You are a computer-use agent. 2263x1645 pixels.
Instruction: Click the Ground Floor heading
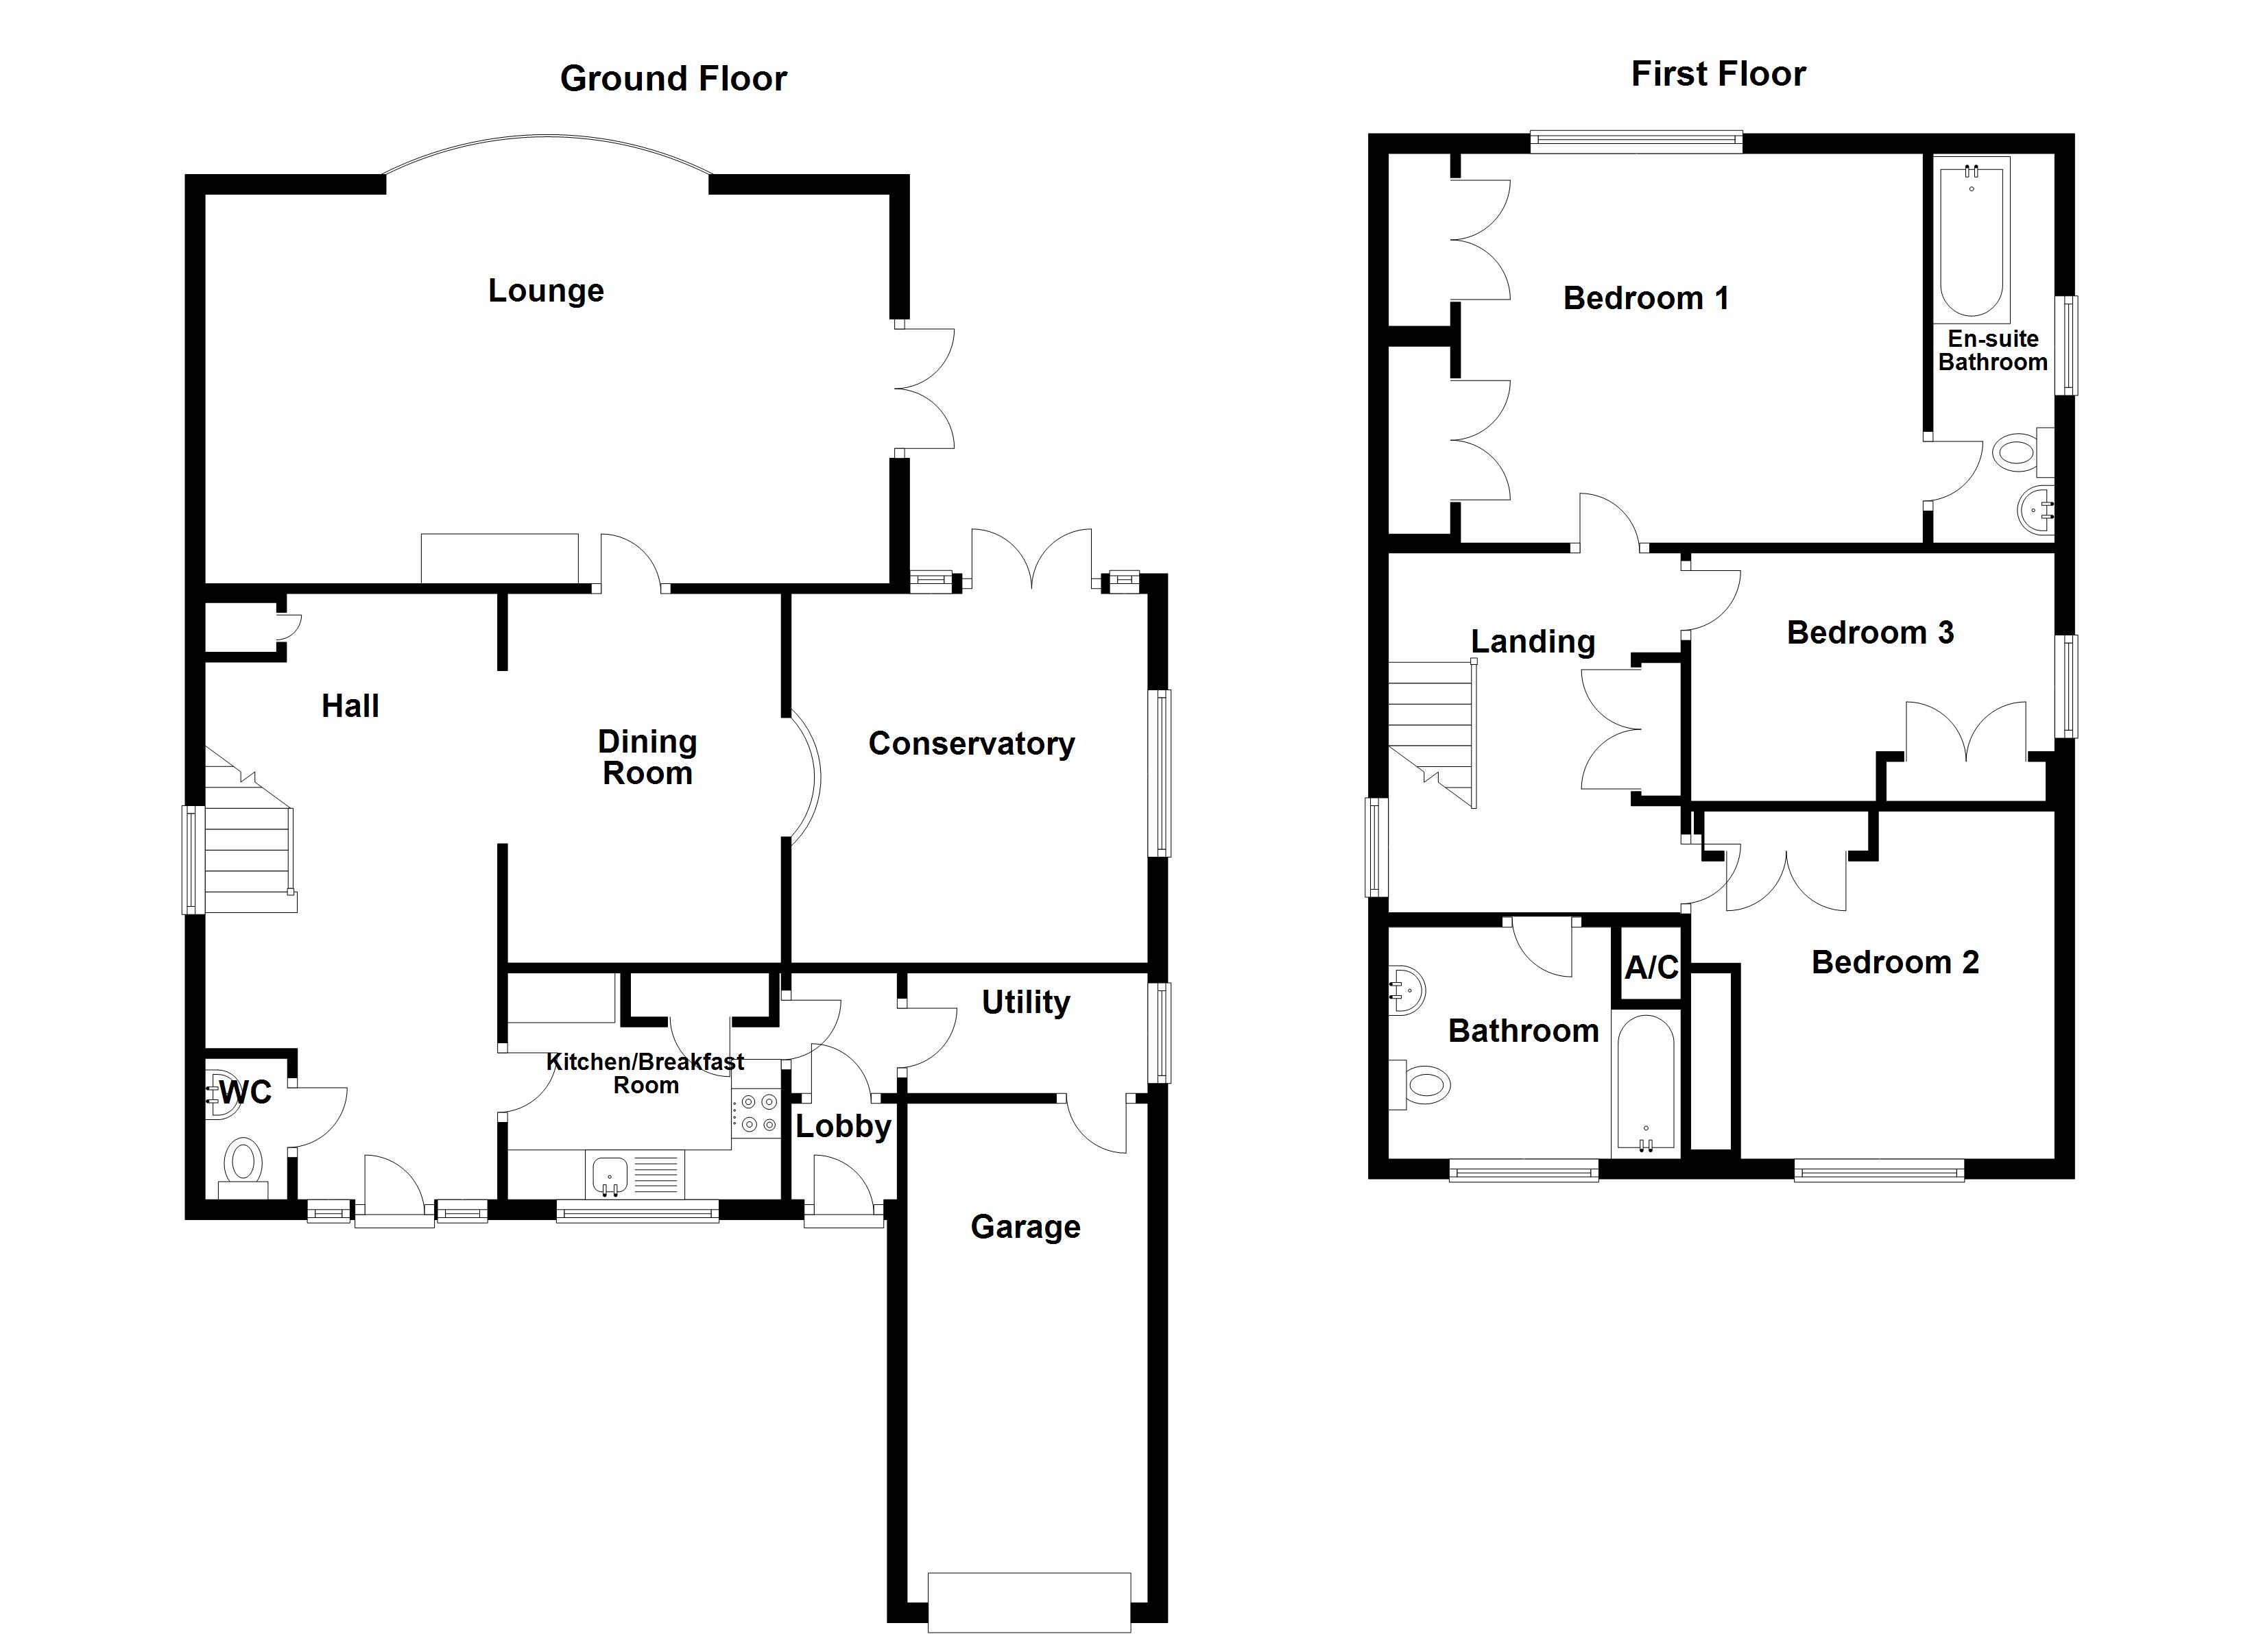click(x=673, y=78)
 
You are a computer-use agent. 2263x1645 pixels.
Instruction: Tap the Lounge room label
click(x=546, y=291)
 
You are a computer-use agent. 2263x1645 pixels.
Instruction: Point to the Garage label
click(x=1025, y=1226)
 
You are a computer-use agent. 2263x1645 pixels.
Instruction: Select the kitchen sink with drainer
click(x=636, y=1174)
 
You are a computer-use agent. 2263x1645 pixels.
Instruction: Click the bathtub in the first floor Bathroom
click(x=1645, y=1084)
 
